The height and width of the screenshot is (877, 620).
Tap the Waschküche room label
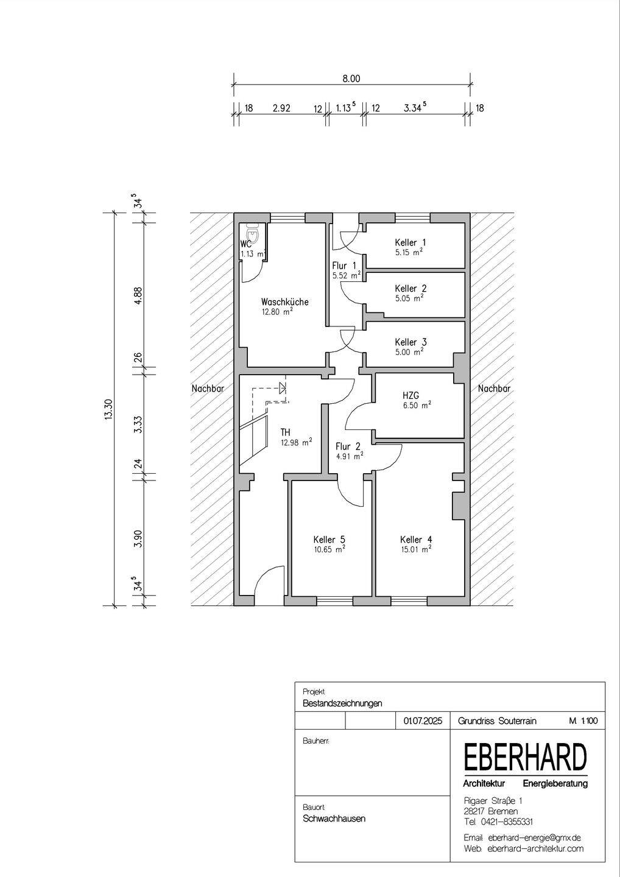284,301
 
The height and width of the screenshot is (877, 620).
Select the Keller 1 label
410,242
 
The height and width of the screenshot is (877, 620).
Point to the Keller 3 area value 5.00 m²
409,352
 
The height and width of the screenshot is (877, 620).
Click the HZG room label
411,396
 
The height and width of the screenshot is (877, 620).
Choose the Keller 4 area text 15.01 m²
415,549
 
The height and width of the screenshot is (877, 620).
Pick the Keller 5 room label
329,540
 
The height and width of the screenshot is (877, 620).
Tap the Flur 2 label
348,446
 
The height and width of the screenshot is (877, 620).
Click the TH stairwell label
285,432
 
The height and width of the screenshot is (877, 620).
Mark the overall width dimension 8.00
351,79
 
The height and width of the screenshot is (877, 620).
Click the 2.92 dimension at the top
281,108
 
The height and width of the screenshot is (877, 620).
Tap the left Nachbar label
207,389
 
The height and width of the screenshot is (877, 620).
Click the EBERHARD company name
526,758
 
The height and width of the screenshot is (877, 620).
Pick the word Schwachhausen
334,819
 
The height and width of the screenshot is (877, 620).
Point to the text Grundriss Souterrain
497,721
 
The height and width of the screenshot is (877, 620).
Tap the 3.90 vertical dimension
138,538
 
